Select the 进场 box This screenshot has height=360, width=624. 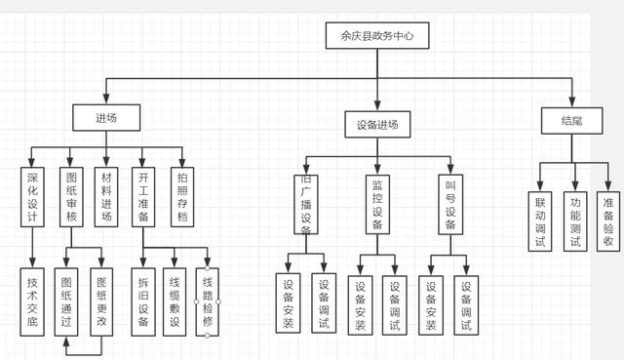[x=106, y=118]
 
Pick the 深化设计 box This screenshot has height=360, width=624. [x=33, y=197]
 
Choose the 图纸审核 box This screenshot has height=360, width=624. [x=70, y=197]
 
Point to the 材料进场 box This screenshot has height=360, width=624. [x=106, y=197]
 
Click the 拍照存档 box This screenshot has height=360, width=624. [x=181, y=197]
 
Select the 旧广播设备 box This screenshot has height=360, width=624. [x=305, y=204]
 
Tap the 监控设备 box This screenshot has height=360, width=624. [x=377, y=204]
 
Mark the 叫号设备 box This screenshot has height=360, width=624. [x=449, y=204]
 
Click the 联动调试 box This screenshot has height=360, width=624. [x=540, y=221]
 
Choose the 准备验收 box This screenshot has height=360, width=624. [x=608, y=221]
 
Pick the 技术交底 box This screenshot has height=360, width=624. [x=33, y=301]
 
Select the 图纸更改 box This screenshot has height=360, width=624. [x=101, y=301]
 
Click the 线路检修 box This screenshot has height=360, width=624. [x=208, y=301]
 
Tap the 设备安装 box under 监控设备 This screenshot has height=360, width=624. [x=361, y=305]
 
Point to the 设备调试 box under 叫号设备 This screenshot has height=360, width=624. [x=466, y=305]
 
